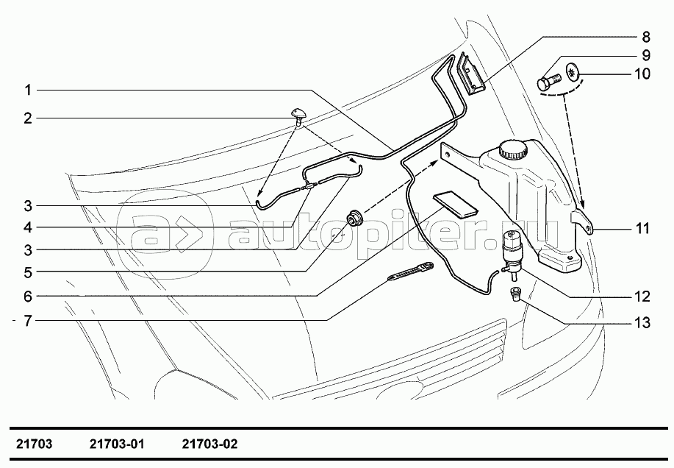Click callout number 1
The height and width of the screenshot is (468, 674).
(27, 90)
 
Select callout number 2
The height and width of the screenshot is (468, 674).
(27, 118)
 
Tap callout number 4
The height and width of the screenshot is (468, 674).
(27, 227)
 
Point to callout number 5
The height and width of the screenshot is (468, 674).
(27, 272)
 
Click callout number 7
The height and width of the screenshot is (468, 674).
(27, 321)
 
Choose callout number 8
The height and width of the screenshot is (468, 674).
(645, 36)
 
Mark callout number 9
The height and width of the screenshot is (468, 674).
(645, 55)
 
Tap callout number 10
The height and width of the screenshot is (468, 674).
(642, 74)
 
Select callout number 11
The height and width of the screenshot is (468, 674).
(642, 229)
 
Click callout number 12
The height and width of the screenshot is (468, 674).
(642, 297)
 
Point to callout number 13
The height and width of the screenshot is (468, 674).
(642, 322)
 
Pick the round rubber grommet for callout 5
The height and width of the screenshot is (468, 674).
(356, 218)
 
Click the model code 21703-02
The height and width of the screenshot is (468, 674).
(209, 444)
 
